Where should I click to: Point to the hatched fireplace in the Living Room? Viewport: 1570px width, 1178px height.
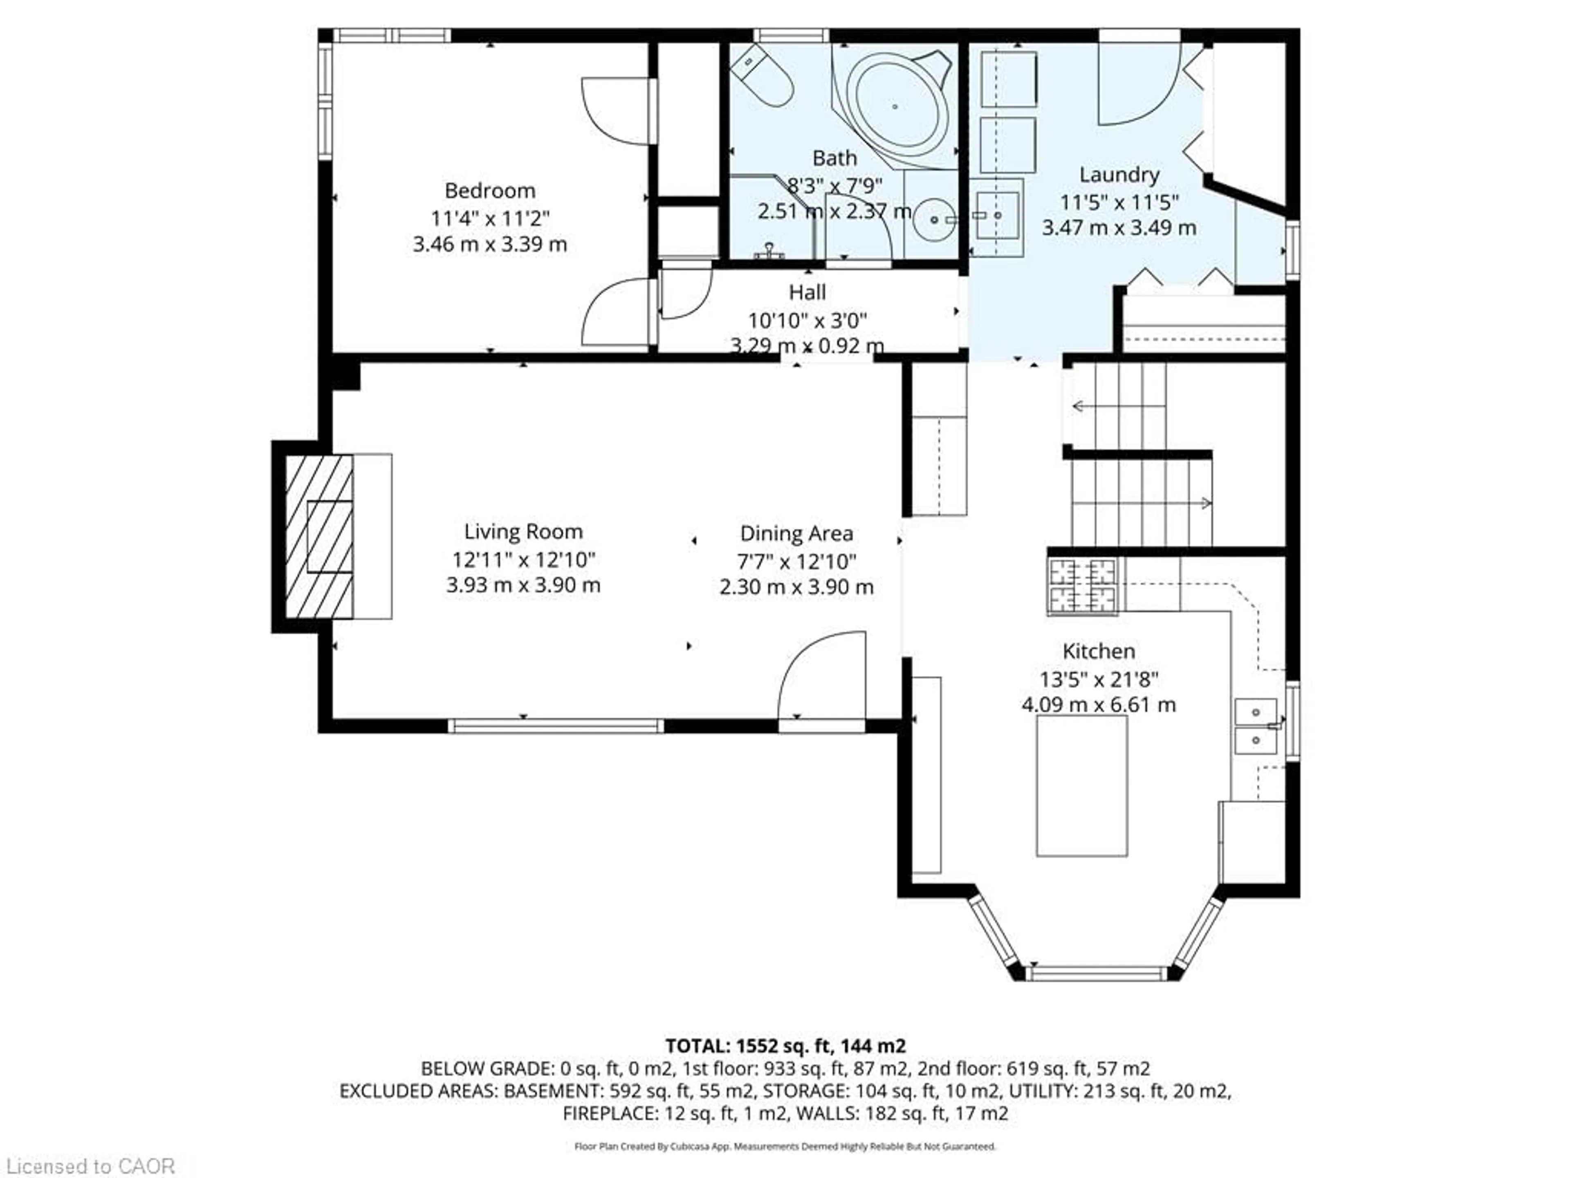coord(319,536)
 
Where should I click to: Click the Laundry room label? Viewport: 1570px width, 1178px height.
coord(1119,175)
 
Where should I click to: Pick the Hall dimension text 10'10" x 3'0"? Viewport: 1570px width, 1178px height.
coord(808,320)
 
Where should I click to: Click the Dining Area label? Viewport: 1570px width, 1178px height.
coord(796,533)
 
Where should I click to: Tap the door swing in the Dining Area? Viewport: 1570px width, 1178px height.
coord(823,674)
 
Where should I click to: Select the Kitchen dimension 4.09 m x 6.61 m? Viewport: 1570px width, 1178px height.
coord(1099,705)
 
